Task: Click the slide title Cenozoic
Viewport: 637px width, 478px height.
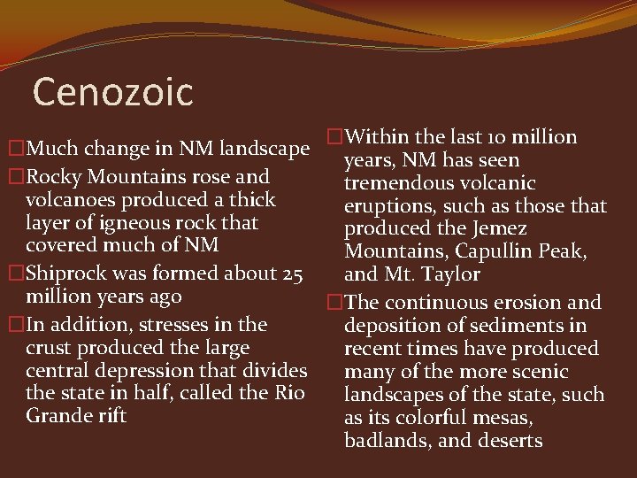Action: coord(112,91)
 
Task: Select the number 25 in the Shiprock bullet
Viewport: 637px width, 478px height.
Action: coord(293,274)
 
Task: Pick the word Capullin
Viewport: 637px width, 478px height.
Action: coord(491,252)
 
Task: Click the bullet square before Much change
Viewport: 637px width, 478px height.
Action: coord(16,146)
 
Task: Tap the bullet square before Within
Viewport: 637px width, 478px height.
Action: coord(334,137)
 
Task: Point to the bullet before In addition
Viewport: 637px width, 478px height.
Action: coord(16,325)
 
